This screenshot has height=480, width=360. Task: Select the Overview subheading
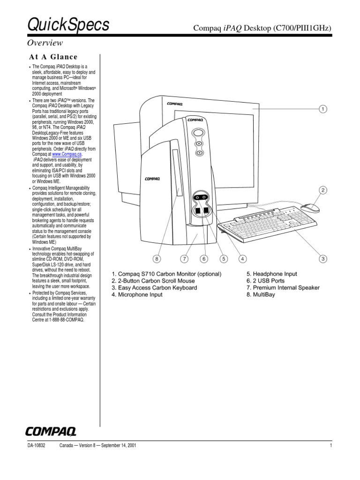point(45,43)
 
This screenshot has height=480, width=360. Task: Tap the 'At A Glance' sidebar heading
point(53,57)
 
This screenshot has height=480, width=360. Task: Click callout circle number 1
point(322,109)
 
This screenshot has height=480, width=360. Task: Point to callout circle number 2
point(323,190)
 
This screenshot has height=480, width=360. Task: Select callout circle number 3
point(323,258)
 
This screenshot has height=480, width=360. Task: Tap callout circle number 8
point(157,258)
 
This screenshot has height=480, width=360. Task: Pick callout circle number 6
point(203,258)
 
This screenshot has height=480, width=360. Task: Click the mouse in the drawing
point(310,208)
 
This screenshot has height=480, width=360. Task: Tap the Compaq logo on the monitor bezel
point(174,104)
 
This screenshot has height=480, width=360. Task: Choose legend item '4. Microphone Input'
point(137,295)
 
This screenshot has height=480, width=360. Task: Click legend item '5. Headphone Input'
point(271,274)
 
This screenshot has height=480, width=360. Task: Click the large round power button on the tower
point(199,133)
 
